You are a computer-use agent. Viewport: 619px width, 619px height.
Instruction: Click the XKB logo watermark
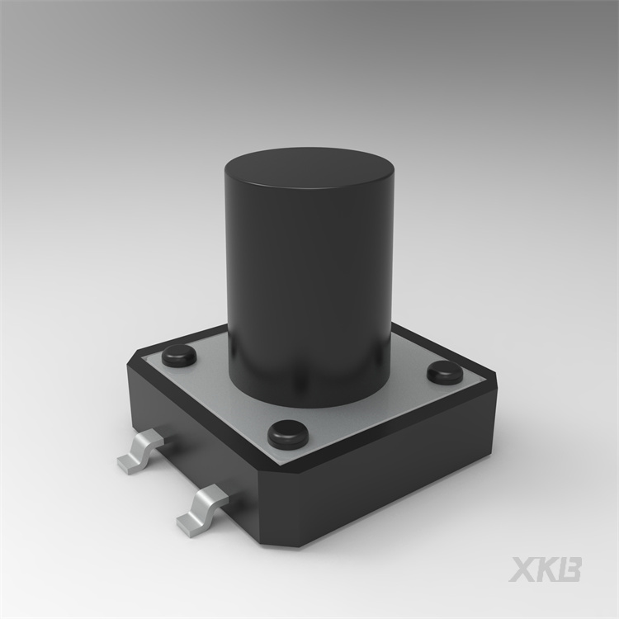tap(546, 569)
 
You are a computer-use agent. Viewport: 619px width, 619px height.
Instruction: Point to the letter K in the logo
tap(546, 569)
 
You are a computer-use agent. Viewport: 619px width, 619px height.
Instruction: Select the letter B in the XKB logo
tap(570, 569)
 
